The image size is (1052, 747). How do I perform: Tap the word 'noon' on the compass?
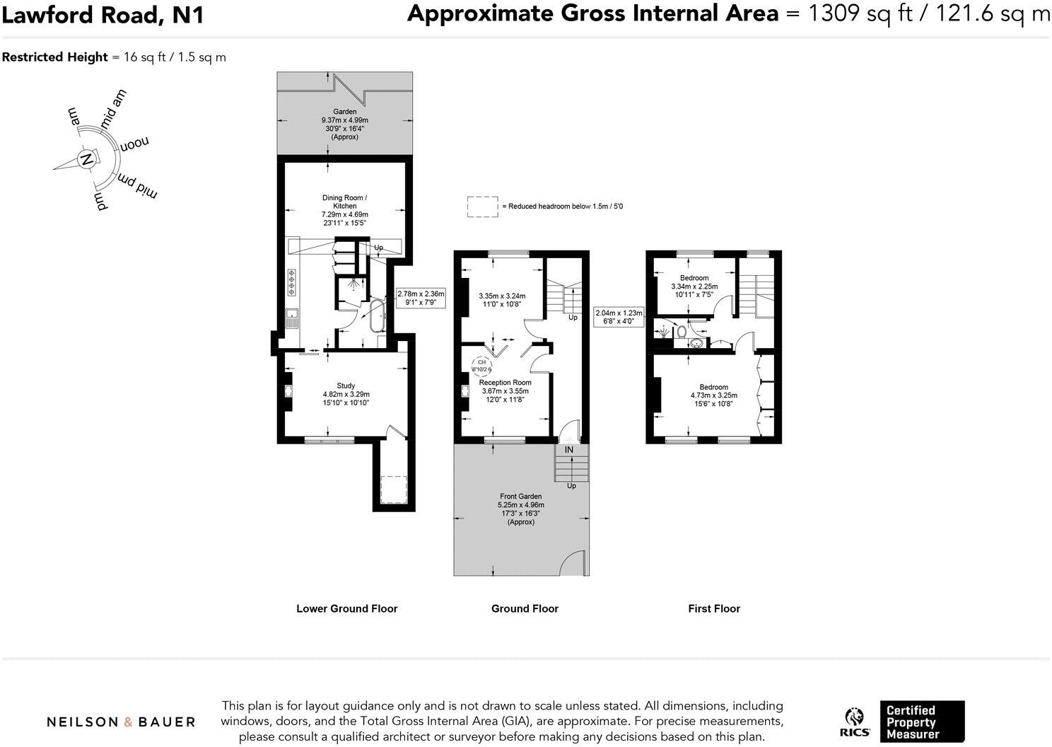[x=134, y=144]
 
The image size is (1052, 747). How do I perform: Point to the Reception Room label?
[x=505, y=383]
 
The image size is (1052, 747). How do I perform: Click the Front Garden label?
[x=520, y=497]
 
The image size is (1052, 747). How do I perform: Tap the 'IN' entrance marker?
[x=569, y=450]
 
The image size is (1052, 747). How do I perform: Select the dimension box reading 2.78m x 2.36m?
[x=421, y=298]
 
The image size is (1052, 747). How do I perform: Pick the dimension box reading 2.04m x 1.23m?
[x=619, y=316]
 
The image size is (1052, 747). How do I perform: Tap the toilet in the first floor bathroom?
[x=682, y=330]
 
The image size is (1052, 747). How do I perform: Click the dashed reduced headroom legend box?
[x=482, y=207]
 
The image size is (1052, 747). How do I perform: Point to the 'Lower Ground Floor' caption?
[x=346, y=608]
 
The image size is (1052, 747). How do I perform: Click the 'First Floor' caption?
[x=714, y=608]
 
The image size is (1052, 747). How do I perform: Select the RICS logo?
[x=855, y=722]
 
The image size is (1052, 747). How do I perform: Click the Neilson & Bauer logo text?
[x=121, y=722]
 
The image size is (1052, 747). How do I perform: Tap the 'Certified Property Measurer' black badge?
[x=922, y=722]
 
